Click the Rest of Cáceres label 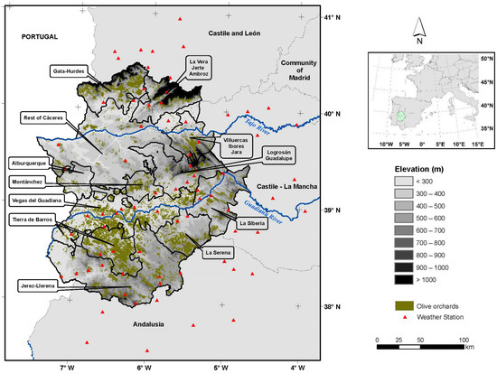point(49,117)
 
